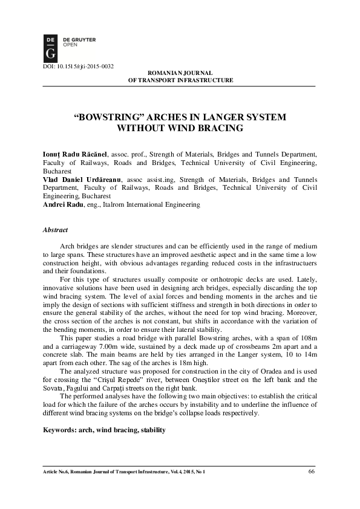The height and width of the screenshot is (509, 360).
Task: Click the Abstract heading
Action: pyautogui.click(x=55, y=230)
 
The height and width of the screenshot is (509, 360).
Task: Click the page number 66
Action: pyautogui.click(x=312, y=472)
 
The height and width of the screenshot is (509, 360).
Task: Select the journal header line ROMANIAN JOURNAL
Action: pyautogui.click(x=180, y=73)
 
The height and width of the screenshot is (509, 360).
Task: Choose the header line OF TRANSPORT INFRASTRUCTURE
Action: pyautogui.click(x=180, y=80)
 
